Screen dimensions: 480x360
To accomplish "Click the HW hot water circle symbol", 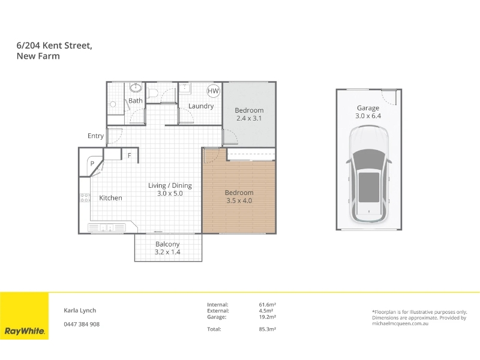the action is click(x=213, y=91).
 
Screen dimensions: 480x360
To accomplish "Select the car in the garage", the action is click(x=369, y=174).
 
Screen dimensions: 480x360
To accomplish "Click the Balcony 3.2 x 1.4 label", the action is click(x=167, y=248).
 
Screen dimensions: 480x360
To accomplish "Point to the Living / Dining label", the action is click(x=170, y=185).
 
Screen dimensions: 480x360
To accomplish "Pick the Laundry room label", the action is click(x=201, y=106).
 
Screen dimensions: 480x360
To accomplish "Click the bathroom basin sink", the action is click(x=136, y=88).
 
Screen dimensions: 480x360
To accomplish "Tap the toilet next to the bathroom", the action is click(x=152, y=92).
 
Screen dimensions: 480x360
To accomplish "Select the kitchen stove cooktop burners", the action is click(x=85, y=198).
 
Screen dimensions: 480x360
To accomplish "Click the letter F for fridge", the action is click(x=130, y=155).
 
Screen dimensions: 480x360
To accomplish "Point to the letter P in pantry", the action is click(x=92, y=163).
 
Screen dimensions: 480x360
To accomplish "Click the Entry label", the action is click(x=95, y=136).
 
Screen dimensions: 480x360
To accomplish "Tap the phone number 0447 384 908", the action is click(x=82, y=324).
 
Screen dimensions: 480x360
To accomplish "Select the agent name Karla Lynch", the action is click(x=80, y=310).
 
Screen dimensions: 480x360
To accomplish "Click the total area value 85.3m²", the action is click(x=268, y=329).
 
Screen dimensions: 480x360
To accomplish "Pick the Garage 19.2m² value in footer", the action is click(x=268, y=317).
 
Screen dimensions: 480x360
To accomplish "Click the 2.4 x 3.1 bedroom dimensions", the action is click(x=249, y=118).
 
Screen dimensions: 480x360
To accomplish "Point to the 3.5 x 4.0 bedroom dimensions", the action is click(x=239, y=200).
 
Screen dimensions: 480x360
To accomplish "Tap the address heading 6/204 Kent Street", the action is click(x=55, y=46).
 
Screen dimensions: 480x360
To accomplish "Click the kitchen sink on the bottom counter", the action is click(x=107, y=227).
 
